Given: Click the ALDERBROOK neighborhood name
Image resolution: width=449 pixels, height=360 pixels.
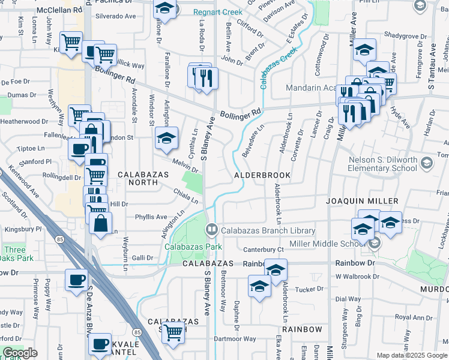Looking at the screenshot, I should click(x=262, y=175).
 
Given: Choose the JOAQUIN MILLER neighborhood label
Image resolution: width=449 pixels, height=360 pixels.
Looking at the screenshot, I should click(x=362, y=201).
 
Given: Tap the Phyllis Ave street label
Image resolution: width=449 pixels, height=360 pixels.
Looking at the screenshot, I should click(x=151, y=217).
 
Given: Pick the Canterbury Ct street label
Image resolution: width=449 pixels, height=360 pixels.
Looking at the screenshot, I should click(x=263, y=250).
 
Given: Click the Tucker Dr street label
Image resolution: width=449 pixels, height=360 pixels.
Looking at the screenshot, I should click(x=310, y=289).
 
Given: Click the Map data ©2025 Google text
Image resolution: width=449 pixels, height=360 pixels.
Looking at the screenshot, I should click(x=412, y=355).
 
